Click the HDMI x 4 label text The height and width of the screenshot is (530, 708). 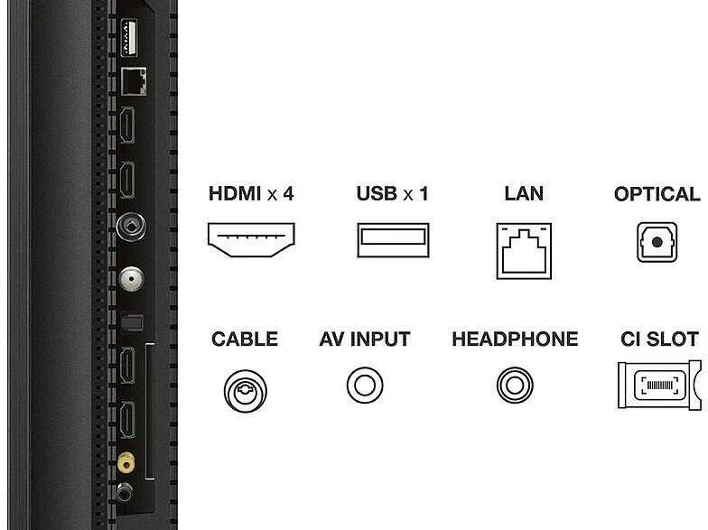[251, 193]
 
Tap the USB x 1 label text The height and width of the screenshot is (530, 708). [392, 193]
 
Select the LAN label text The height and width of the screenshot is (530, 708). [524, 193]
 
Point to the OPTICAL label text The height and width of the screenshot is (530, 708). [657, 194]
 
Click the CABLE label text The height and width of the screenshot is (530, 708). [244, 339]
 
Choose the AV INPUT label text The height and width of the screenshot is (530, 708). [365, 339]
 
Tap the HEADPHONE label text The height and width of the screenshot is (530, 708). [515, 339]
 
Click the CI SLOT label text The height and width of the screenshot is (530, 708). [659, 339]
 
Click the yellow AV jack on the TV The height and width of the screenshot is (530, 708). [126, 462]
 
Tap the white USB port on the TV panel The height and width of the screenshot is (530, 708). [129, 38]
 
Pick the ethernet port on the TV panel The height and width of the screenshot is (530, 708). [134, 81]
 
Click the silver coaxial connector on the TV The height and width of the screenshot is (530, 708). [132, 278]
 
